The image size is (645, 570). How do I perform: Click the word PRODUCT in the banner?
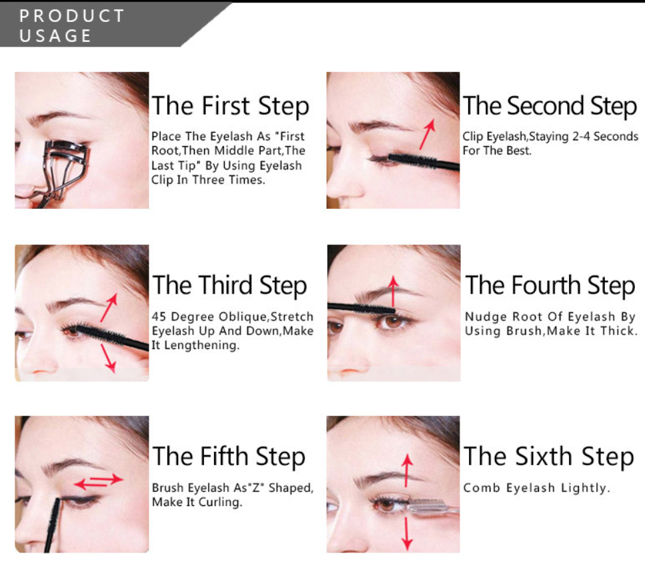point(71,16)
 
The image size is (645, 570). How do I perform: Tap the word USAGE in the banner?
point(55,36)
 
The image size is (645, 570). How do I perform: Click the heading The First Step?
point(230,106)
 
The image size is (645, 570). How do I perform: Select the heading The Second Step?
point(550,106)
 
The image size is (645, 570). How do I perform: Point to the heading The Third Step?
point(229,286)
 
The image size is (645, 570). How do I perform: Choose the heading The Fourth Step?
point(550,286)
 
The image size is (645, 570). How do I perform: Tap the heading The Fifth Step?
point(229,457)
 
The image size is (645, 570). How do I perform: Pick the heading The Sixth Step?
point(549,457)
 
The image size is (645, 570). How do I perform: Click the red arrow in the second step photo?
point(427,134)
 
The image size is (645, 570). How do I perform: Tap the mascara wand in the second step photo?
point(424,162)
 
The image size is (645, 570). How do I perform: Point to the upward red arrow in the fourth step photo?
point(394,292)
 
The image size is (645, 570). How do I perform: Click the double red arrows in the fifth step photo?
point(98,481)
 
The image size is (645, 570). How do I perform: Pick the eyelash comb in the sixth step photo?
point(433,507)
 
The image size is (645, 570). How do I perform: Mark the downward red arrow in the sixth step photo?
point(407,534)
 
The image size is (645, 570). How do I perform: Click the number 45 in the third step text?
point(159,316)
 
